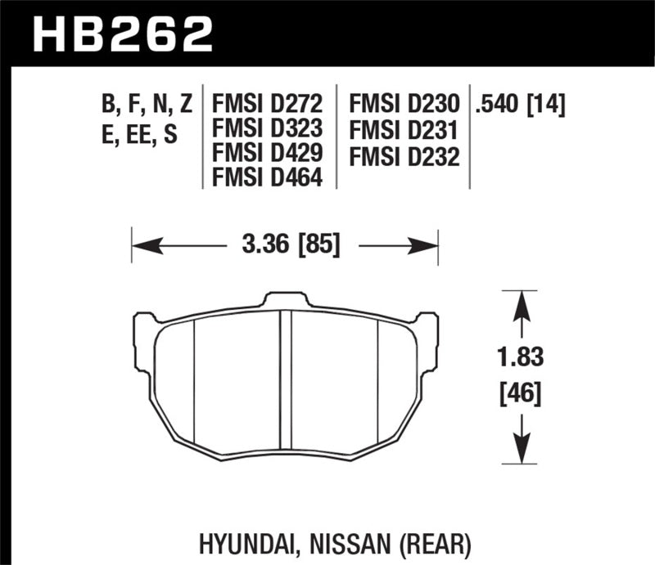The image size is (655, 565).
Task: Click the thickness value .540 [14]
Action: [x=521, y=105]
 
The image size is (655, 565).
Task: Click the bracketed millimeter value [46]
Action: [x=522, y=396]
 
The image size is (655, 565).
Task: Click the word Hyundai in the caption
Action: [x=245, y=543]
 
